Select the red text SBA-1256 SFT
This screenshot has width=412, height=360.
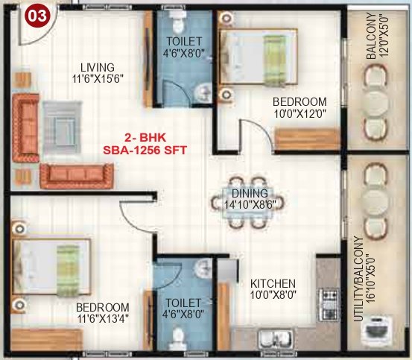click(146, 148)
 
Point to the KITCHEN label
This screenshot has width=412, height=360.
click(273, 284)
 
